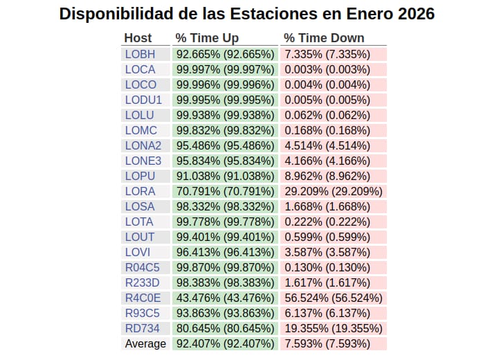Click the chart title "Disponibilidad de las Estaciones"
coord(247,14)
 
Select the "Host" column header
coord(138,38)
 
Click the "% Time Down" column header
coord(324,38)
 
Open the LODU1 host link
coord(143,100)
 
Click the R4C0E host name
coord(143,298)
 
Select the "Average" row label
coord(145,343)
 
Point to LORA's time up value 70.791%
coord(225,191)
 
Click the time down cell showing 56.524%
coord(334,298)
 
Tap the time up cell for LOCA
coord(225,69)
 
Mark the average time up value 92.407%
coord(225,343)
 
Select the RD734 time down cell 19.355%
coord(334,328)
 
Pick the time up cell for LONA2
coord(225,145)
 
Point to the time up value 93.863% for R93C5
coord(225,313)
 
